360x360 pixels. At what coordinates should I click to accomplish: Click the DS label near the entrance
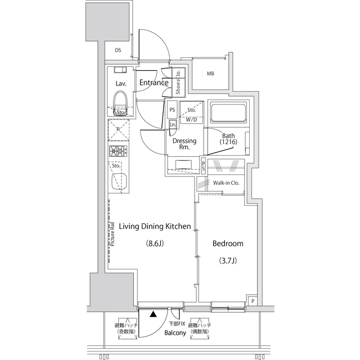(118, 50)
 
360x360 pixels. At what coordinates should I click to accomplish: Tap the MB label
(210, 73)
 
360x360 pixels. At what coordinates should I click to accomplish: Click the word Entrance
(154, 83)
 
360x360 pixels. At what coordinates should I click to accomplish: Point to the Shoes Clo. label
(178, 82)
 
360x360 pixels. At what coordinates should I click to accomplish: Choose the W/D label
(191, 119)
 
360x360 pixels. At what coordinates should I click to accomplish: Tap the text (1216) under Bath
(228, 142)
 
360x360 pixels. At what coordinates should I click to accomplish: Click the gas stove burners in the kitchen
(118, 150)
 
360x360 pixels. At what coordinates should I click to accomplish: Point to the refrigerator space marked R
(118, 129)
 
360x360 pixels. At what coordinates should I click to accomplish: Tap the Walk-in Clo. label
(226, 183)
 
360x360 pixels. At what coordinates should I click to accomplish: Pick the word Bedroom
(227, 244)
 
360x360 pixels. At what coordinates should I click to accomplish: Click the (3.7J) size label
(228, 261)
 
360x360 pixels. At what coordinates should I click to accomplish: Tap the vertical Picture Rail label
(112, 234)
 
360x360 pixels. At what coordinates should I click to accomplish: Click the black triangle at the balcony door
(152, 315)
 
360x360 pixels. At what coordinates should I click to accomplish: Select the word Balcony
(175, 333)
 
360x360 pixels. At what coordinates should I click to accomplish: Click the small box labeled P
(253, 301)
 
